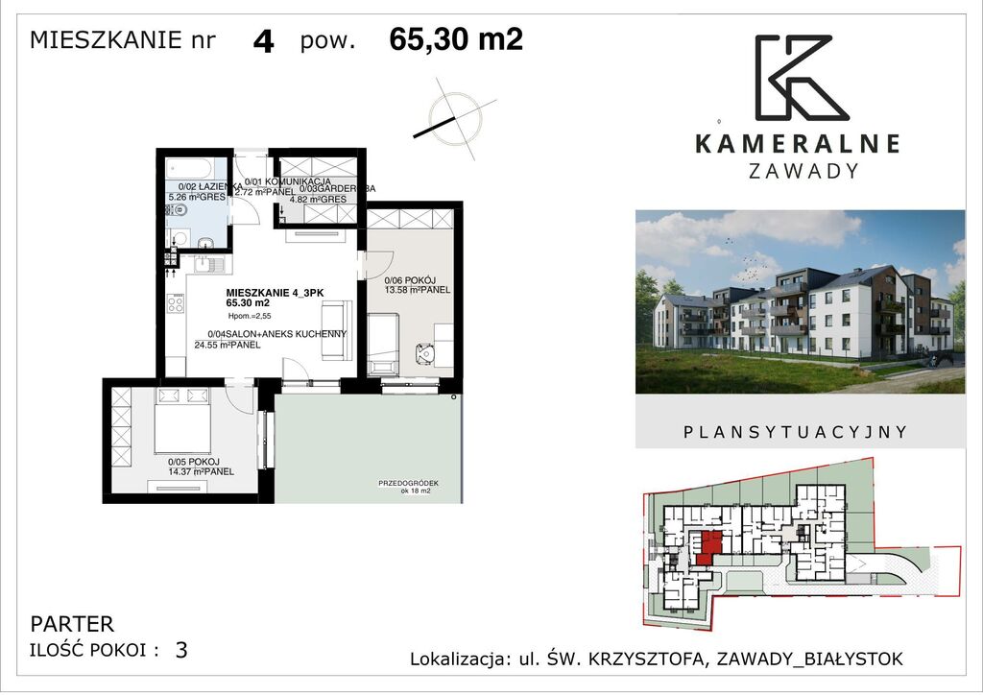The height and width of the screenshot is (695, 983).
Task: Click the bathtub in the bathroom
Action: click(x=195, y=167)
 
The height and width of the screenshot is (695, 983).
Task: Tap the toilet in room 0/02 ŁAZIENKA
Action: click(x=205, y=236)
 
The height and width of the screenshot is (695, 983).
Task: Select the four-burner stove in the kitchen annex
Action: click(x=176, y=303)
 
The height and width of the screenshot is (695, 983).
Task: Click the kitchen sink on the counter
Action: click(x=208, y=260)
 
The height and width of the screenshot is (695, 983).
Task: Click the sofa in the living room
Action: click(x=337, y=329)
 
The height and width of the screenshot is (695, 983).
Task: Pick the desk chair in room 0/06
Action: click(x=422, y=353)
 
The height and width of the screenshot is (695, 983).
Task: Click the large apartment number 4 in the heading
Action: click(x=264, y=42)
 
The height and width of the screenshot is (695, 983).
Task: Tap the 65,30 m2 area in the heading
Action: click(x=456, y=39)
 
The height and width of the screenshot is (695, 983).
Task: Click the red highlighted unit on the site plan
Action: click(x=708, y=547)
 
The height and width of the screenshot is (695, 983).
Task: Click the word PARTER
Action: click(x=72, y=624)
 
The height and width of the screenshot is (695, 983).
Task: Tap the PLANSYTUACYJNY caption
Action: click(x=795, y=432)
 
